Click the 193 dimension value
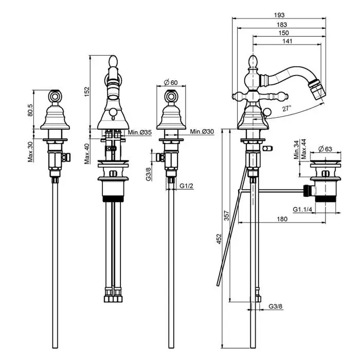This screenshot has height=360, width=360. [x=280, y=15]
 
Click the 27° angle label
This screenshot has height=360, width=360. [x=286, y=108]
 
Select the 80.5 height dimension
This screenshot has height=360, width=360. [x=31, y=110]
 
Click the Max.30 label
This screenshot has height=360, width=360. [x=31, y=151]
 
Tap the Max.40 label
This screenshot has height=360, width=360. [x=87, y=153]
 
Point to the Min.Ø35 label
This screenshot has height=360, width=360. [x=140, y=133]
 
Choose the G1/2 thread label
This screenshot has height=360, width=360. [x=186, y=186]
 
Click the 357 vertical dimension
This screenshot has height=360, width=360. [x=227, y=217]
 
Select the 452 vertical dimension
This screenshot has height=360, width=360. [x=218, y=240]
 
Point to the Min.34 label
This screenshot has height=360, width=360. [x=296, y=150]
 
